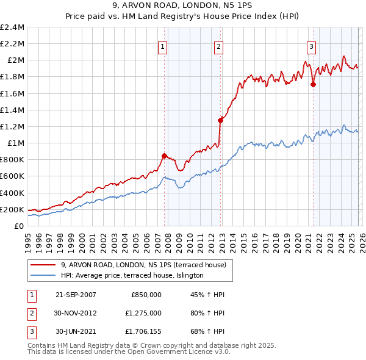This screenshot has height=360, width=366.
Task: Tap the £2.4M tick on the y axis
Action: tap(12, 27)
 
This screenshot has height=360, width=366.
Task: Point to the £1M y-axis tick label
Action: tap(15, 143)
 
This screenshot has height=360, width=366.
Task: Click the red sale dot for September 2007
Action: tap(164, 156)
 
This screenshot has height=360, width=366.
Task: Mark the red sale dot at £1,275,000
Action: tap(220, 121)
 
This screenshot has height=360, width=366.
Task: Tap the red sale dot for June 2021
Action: tap(313, 85)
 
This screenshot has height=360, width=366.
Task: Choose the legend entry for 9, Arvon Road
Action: tap(143, 265)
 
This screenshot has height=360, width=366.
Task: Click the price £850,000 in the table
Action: tap(146, 295)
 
